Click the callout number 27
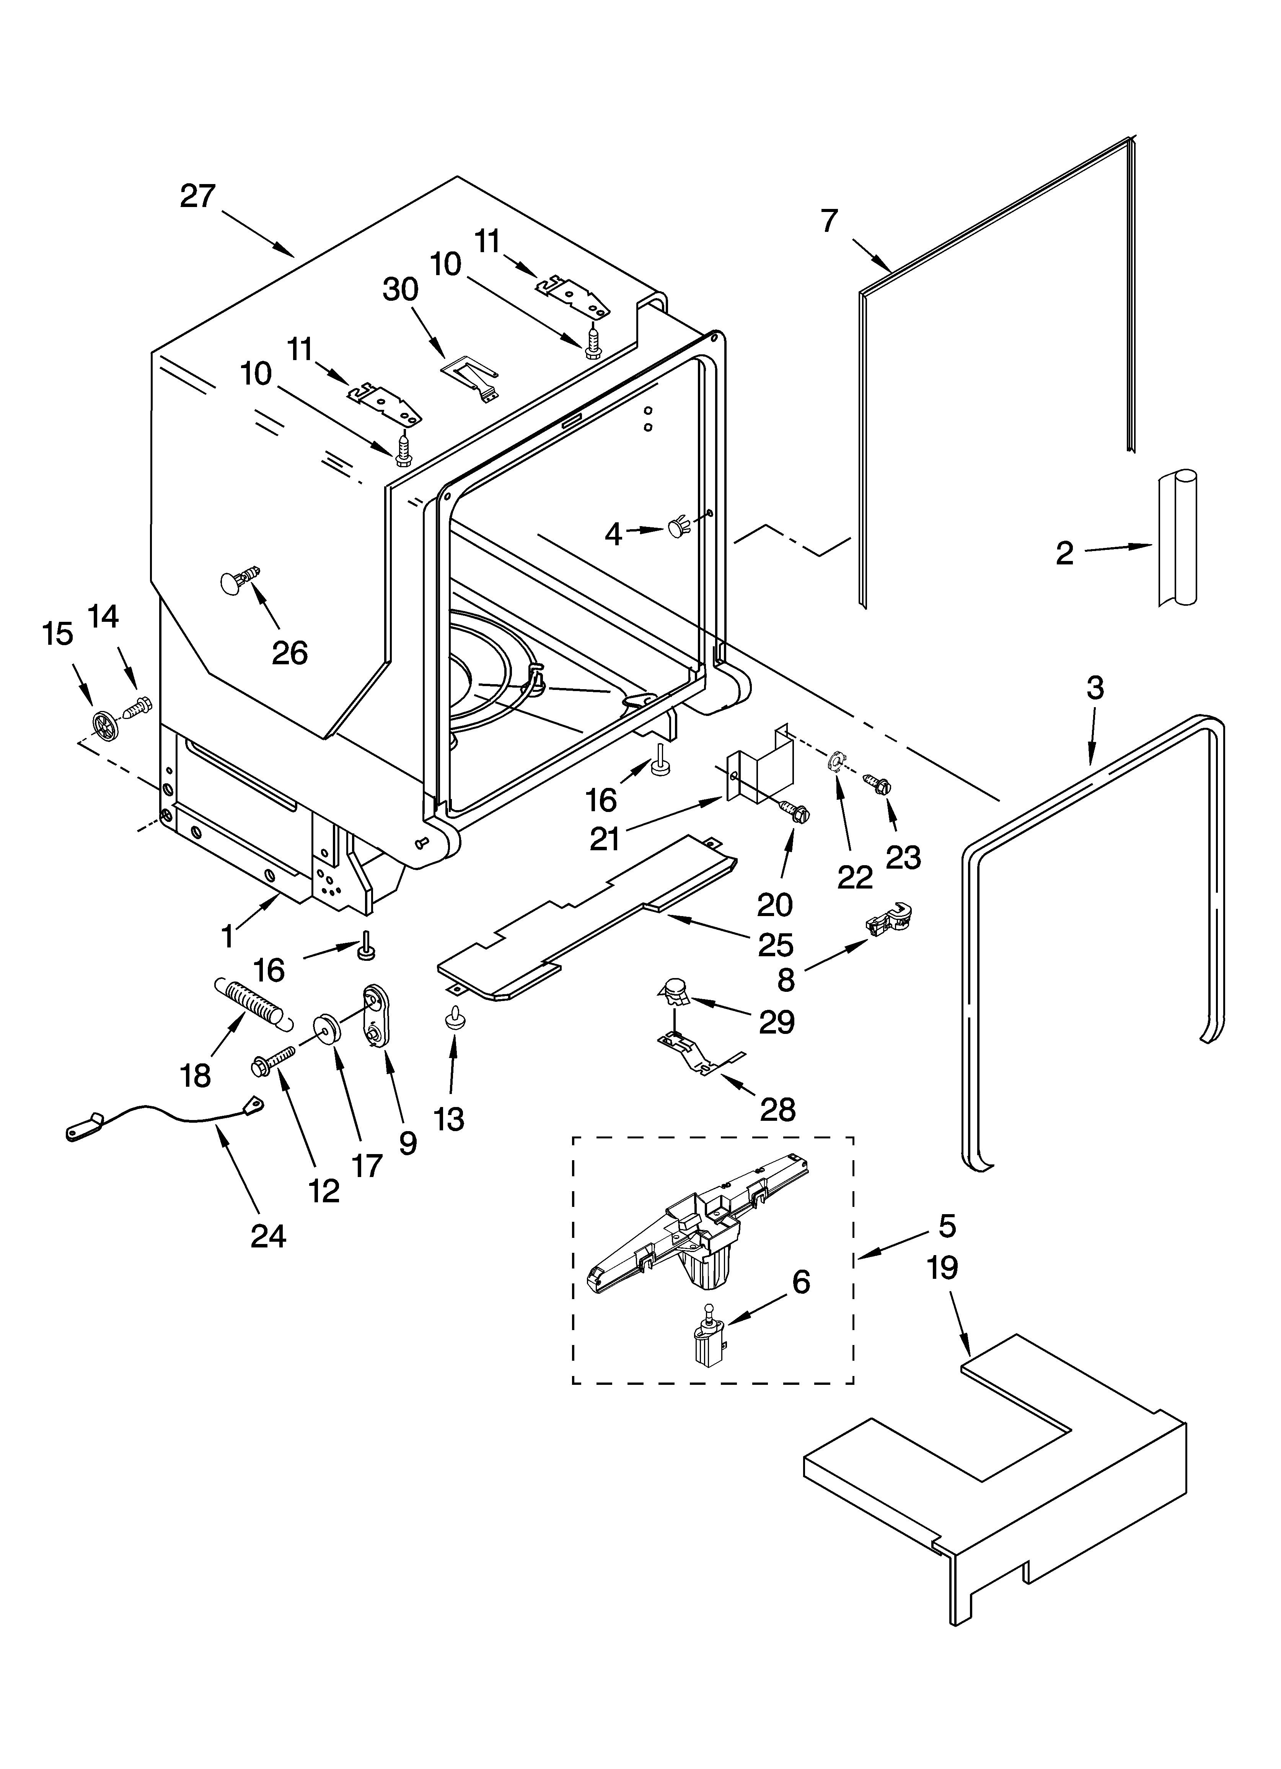tap(197, 196)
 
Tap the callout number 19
tap(942, 1267)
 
